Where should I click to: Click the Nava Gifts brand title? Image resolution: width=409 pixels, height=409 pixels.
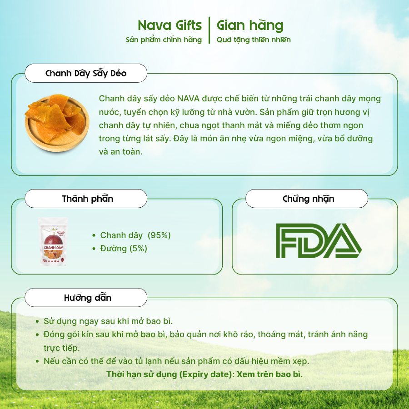coord(170,25)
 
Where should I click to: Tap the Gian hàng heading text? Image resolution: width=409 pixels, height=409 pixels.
coord(250,26)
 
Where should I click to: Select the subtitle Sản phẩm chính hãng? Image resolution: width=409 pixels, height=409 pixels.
coord(164,40)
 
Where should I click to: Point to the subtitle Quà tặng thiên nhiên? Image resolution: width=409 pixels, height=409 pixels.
coord(254,40)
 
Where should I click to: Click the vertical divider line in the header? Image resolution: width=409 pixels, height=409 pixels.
coord(209,30)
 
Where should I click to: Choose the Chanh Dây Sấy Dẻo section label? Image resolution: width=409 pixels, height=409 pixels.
coord(86,73)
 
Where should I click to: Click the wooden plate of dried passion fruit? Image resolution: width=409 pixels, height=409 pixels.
coord(57,123)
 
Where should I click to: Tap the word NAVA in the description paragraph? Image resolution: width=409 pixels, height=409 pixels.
coord(188,99)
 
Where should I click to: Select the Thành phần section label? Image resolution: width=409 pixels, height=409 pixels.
coord(88,199)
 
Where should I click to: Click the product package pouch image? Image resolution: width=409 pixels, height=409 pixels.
coord(53,242)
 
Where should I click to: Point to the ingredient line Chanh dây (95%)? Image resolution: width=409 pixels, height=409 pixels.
coord(135,235)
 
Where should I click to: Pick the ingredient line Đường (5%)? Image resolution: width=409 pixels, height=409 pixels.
coord(124,248)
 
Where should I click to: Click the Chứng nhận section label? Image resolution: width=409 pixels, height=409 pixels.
coord(308,199)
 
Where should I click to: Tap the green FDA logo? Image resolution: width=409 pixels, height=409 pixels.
coord(319,241)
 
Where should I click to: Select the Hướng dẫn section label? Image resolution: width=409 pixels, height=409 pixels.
coord(88,298)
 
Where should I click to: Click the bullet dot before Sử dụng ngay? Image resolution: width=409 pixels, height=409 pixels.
coord(37,322)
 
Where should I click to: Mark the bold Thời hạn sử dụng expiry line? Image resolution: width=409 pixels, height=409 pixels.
coord(204,374)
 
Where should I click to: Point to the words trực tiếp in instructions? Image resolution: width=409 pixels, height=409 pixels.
coord(61,348)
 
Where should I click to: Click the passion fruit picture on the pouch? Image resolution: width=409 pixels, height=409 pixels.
coord(53,239)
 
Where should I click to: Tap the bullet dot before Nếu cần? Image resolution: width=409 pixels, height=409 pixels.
coord(37,362)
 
